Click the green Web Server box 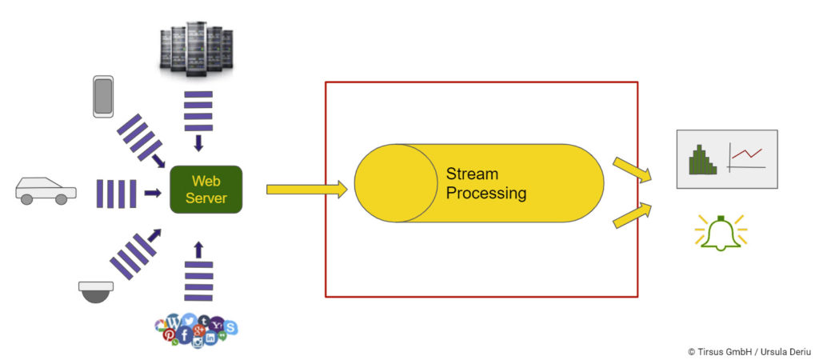pyautogui.click(x=206, y=190)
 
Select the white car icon pyautogui.click(x=46, y=190)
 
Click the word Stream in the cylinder pyautogui.click(x=472, y=174)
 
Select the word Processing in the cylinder pyautogui.click(x=485, y=193)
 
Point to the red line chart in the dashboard pyautogui.click(x=747, y=154)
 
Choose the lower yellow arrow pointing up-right pyautogui.click(x=632, y=215)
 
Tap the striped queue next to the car pyautogui.click(x=117, y=194)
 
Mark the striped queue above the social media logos pyautogui.click(x=198, y=279)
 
